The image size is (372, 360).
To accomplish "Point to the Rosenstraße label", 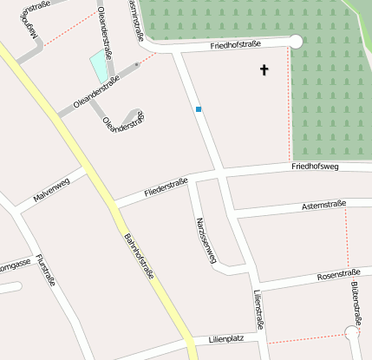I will (x=338, y=275).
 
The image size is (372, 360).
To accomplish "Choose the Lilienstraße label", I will (x=258, y=311).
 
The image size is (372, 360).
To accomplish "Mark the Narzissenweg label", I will (x=205, y=239).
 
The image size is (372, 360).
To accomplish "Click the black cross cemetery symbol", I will (x=264, y=69).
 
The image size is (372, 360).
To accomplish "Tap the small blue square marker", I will (x=199, y=109).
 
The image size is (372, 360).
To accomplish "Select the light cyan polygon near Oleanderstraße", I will (x=100, y=66).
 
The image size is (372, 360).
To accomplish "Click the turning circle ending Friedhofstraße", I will (x=296, y=41).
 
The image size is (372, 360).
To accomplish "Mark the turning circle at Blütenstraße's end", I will (x=352, y=331).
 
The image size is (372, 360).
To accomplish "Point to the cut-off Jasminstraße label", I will (x=134, y=19).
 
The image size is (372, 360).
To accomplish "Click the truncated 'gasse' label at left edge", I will (x=15, y=263).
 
